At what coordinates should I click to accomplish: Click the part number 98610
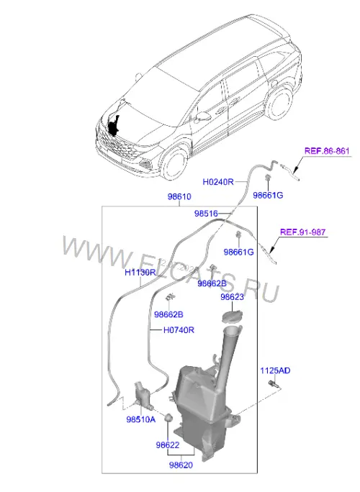[x=179, y=197]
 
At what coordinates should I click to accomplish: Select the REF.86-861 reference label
[x=327, y=151]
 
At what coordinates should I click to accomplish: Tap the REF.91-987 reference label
[x=303, y=232]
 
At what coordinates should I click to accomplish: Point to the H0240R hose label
[x=218, y=182]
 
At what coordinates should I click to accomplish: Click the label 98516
[x=206, y=214]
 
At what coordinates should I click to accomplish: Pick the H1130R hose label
[x=140, y=272]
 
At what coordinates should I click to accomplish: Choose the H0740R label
[x=179, y=330]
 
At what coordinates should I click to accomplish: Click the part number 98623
[x=232, y=297]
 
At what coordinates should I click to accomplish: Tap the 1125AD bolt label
[x=275, y=370]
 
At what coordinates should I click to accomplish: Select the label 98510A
[x=140, y=419]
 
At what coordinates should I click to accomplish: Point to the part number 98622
[x=168, y=445]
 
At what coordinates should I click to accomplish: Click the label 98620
[x=181, y=465]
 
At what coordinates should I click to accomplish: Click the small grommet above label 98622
[x=168, y=418]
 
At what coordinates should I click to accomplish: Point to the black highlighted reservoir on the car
[x=114, y=126]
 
